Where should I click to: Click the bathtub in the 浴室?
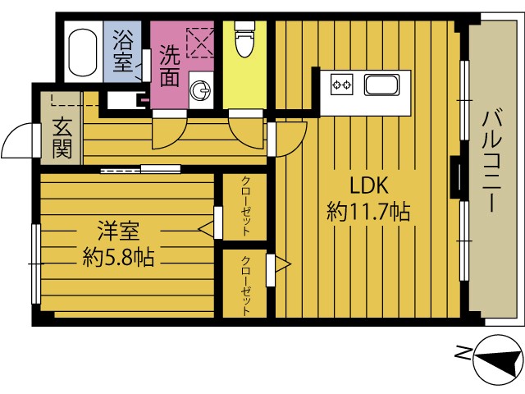[83, 52]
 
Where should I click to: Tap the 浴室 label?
[123, 51]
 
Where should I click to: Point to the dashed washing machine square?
[200, 43]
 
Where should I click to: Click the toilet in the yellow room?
[245, 39]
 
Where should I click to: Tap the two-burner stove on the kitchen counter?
[342, 85]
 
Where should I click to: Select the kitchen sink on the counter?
[382, 85]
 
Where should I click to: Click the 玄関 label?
[62, 137]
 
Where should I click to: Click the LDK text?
[369, 186]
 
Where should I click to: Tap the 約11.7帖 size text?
[368, 212]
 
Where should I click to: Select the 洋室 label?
[118, 231]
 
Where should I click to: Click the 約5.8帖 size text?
[118, 257]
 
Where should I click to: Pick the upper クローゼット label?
[245, 206]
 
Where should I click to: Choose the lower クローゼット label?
[245, 286]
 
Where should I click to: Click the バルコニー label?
[492, 163]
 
